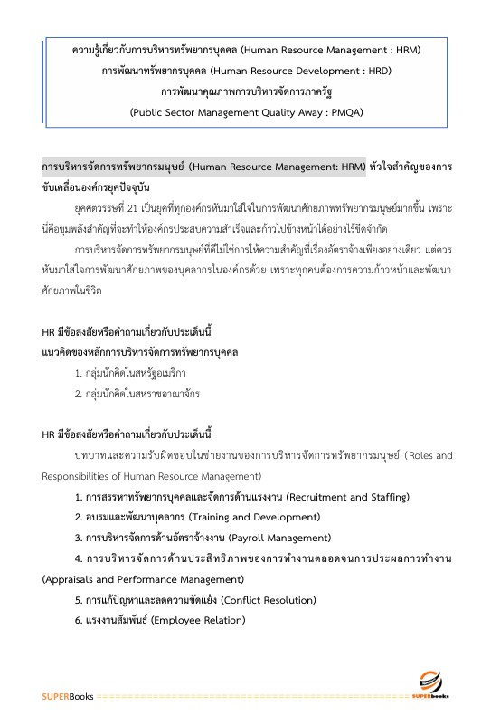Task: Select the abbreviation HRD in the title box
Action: [383, 70]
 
